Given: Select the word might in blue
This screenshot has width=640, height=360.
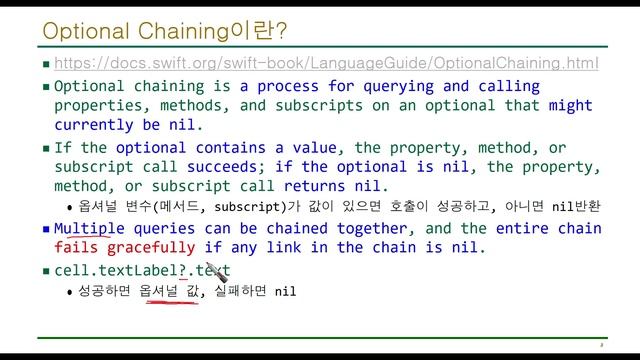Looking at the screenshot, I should pos(570,105).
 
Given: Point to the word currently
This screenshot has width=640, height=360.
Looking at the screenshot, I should pos(98,125).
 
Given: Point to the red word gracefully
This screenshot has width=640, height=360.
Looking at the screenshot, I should pos(156,247).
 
